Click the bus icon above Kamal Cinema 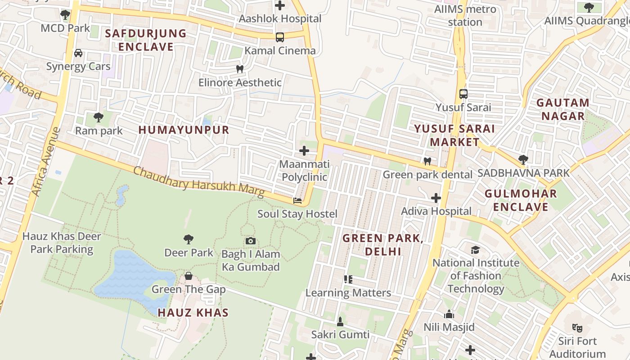point(280,37)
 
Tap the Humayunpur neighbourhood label point(184,130)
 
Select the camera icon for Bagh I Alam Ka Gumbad point(251,241)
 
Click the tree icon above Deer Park point(189,239)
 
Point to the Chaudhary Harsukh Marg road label point(198,182)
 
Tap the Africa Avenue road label point(46,162)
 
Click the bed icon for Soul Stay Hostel point(297,200)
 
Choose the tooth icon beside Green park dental point(427,161)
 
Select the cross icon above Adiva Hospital point(436,198)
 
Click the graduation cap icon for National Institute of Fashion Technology point(475,250)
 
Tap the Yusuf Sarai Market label point(454,135)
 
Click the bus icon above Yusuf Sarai point(463,94)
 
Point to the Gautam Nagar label point(562,109)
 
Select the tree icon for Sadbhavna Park point(523,160)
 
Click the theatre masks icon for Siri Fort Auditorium point(577,328)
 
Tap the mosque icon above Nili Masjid point(449,314)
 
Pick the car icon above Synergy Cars point(78,53)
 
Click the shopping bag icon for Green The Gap point(189,276)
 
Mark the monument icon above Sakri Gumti point(340,321)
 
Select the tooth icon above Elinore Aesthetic point(240,69)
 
